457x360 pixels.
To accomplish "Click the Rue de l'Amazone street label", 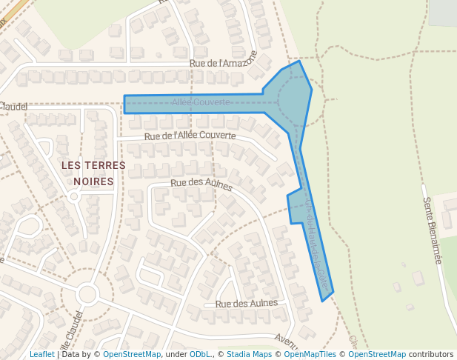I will pyautogui.click(x=223, y=64).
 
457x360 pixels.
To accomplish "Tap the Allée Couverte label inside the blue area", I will pyautogui.click(x=201, y=101).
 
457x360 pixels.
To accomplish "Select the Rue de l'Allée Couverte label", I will pyautogui.click(x=190, y=136).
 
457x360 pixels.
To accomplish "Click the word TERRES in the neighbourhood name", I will pyautogui.click(x=104, y=164).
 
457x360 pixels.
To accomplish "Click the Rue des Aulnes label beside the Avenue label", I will pyautogui.click(x=246, y=303).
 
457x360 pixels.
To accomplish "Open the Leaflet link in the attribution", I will pyautogui.click(x=42, y=354).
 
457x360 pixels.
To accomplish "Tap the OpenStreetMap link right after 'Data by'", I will pyautogui.click(x=131, y=354).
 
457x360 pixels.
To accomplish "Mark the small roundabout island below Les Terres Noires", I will pyautogui.click(x=73, y=197).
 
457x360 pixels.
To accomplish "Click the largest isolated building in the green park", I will pyautogui.click(x=418, y=279).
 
